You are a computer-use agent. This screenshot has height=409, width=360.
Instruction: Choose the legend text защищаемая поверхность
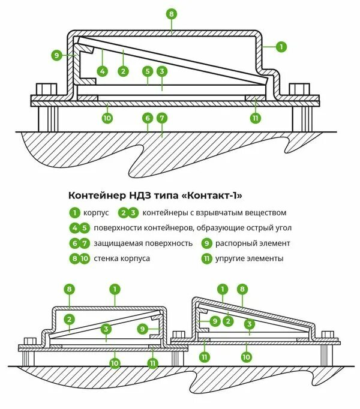coord(143,243)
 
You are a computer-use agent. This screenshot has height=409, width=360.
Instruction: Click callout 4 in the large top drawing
coord(103,71)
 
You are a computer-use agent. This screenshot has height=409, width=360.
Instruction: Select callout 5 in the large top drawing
coord(147,71)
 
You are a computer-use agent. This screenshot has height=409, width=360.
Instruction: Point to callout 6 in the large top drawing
coord(147,118)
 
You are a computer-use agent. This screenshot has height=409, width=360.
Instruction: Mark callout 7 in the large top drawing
coord(161,118)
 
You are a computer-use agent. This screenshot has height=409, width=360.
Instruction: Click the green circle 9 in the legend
coord(206,243)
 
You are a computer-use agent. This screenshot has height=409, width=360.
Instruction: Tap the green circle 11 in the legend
coord(206,259)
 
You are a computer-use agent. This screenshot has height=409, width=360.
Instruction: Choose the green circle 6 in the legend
coord(74,243)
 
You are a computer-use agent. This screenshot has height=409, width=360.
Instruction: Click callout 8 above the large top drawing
coord(172,13)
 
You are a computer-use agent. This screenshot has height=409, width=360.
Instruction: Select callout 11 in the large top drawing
coord(256,118)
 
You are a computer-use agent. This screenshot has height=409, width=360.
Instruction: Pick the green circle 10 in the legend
coord(85,259)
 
